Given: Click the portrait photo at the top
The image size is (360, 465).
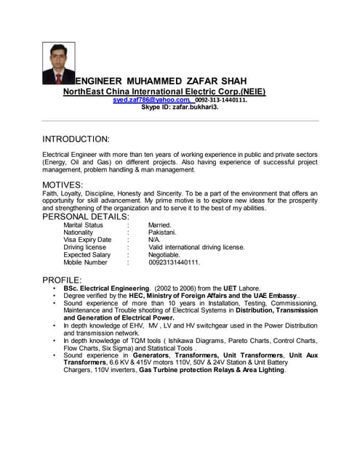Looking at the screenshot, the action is pyautogui.click(x=58, y=63).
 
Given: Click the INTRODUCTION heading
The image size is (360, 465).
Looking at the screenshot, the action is pyautogui.click(x=76, y=139).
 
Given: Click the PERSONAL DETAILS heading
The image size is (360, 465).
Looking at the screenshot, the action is pyautogui.click(x=86, y=217).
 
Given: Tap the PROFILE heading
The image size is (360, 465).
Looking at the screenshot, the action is pyautogui.click(x=62, y=280).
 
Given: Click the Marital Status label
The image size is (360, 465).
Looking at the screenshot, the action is pyautogui.click(x=83, y=225).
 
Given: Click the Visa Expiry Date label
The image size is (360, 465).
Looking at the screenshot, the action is pyautogui.click(x=87, y=240).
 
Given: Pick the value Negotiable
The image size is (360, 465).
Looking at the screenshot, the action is pyautogui.click(x=164, y=255).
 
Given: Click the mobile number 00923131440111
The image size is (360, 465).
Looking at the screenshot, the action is pyautogui.click(x=174, y=262).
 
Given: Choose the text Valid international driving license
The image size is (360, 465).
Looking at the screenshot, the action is pyautogui.click(x=196, y=247).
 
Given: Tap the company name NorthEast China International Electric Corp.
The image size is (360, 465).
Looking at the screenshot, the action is pyautogui.click(x=164, y=92).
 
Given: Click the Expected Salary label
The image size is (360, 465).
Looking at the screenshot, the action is pyautogui.click(x=87, y=255).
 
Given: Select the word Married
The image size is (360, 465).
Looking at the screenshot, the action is pyautogui.click(x=160, y=225).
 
